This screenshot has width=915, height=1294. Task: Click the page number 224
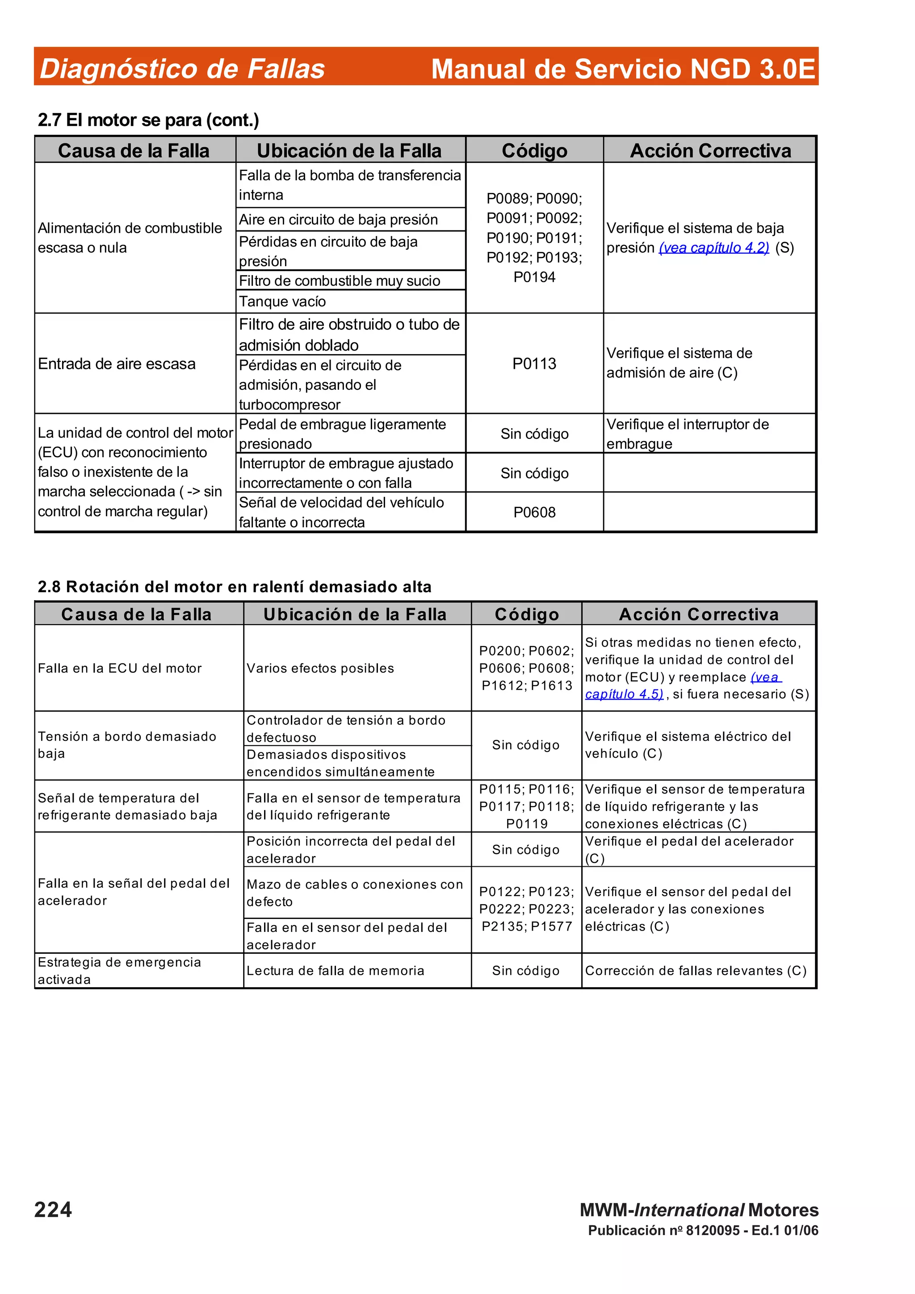click(x=53, y=1210)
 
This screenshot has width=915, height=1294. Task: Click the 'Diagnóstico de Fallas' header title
click(x=182, y=69)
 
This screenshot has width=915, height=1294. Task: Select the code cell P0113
click(x=534, y=363)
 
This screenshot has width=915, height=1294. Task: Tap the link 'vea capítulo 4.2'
click(x=714, y=248)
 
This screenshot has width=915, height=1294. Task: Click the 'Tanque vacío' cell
click(x=282, y=301)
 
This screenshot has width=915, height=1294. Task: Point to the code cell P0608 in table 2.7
click(x=534, y=512)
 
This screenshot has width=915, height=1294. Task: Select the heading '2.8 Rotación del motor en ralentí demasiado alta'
click(x=235, y=587)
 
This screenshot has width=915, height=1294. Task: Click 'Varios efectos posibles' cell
click(x=320, y=668)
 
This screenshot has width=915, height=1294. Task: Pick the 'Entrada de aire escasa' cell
click(x=117, y=364)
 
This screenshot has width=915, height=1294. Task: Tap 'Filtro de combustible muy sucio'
click(x=340, y=281)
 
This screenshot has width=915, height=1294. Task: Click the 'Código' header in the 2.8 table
click(x=527, y=614)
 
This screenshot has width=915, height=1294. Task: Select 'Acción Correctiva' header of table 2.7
click(x=710, y=150)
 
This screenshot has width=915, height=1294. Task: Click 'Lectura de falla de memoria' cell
click(x=336, y=971)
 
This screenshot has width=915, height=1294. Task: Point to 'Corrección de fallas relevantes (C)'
click(x=696, y=971)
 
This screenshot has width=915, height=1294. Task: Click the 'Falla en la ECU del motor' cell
click(x=120, y=668)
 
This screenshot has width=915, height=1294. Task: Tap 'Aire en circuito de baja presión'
click(x=338, y=220)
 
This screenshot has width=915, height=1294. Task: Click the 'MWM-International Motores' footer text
click(x=699, y=1210)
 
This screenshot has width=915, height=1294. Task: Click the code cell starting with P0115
click(x=527, y=806)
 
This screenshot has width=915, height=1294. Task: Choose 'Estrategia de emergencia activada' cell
click(x=120, y=971)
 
